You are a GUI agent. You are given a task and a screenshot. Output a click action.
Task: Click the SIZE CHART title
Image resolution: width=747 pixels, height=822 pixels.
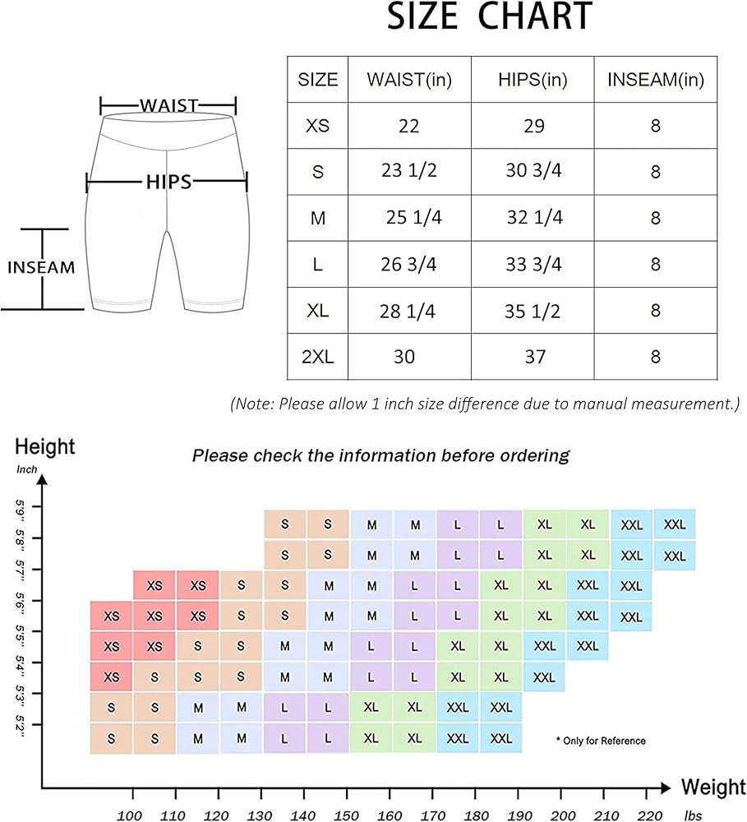489,17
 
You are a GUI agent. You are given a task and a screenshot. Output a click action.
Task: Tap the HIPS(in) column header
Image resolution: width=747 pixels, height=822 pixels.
533,80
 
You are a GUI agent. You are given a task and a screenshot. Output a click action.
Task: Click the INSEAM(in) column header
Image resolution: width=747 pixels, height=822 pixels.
655,80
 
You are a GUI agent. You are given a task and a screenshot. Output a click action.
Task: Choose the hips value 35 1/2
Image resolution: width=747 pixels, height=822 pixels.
533,311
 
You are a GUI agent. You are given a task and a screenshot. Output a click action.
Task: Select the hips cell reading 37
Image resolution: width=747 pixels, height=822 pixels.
533,357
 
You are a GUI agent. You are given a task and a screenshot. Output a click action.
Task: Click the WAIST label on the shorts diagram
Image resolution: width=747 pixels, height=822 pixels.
168,105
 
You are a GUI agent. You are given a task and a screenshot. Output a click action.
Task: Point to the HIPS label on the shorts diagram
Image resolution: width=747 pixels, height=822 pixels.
168,182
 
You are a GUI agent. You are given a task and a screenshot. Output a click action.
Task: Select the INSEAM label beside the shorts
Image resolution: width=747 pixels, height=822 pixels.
41,267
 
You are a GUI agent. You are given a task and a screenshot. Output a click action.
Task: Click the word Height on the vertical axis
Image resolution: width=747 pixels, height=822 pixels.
45,447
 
